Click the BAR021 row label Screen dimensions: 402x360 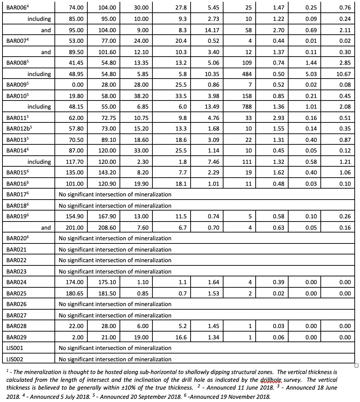16,249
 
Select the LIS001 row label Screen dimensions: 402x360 15,348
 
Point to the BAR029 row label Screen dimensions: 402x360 16,337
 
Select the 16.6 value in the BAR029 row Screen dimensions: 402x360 181,337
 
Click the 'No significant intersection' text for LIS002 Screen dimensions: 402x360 115,359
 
